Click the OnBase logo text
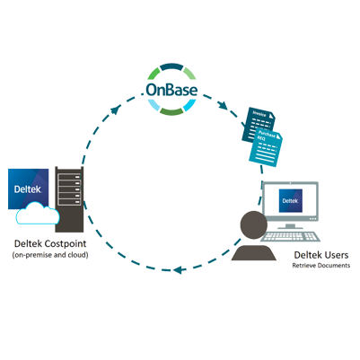(x=175, y=91)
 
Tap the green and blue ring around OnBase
(x=176, y=66)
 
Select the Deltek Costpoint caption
(x=45, y=242)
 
